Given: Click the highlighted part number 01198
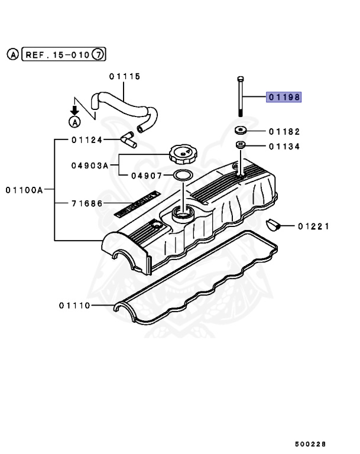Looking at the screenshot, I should point(284,97).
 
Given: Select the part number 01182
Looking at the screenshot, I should point(284,131).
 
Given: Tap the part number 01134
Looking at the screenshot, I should point(284,147).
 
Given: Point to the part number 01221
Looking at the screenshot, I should point(313,226).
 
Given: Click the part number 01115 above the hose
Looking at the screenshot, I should point(124,76).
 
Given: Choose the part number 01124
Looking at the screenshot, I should point(87,140).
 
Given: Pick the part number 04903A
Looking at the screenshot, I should point(90,166).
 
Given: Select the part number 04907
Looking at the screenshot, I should point(147,176).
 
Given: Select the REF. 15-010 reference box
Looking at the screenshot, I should point(57,55).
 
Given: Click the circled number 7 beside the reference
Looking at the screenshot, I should point(99,55).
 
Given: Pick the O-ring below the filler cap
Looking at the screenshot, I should point(183,176).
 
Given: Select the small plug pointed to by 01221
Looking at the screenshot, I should point(273,225).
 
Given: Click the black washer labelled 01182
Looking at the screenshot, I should point(240,131).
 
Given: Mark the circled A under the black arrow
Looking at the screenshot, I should point(74,122).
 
